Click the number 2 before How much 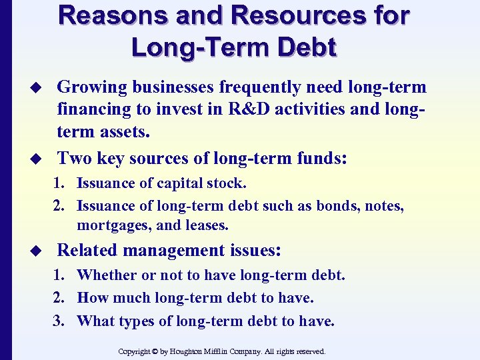(x=58, y=298)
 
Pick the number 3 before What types (x=58, y=321)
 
